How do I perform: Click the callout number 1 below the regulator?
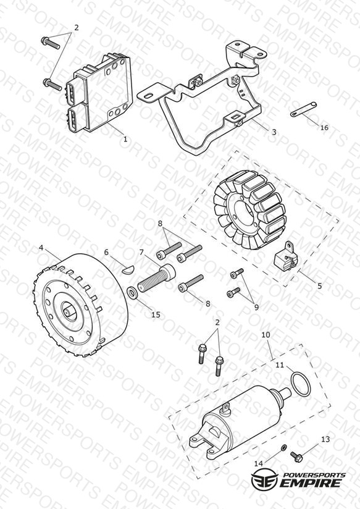pos(125,139)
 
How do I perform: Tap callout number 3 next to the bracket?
pos(274,132)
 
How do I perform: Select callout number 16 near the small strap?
pos(324,128)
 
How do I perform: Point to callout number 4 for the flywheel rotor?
pos(41,248)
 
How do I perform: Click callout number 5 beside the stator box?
pos(320,285)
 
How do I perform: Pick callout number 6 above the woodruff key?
pos(106,252)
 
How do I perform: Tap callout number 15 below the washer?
pos(156,314)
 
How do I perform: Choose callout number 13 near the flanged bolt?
pos(325,439)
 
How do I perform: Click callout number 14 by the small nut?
pos(258,464)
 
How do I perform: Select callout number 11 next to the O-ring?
pos(280,365)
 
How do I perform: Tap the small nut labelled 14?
pos(283,448)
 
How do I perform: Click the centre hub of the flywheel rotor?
pos(69,312)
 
